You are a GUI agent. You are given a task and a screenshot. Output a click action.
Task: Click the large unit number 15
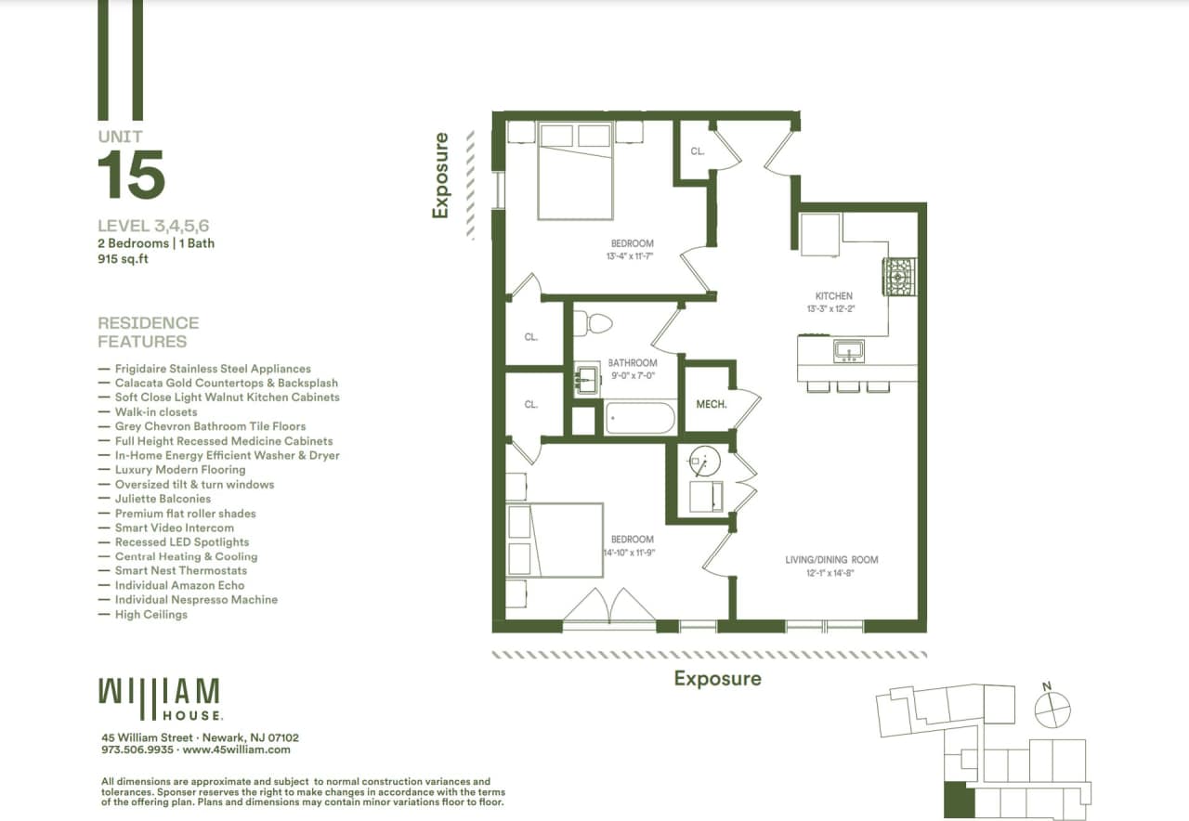131,175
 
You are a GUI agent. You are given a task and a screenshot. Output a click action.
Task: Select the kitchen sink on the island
848,350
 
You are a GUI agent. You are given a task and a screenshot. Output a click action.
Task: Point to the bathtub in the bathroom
641,418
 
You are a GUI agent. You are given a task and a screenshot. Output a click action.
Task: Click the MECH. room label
711,405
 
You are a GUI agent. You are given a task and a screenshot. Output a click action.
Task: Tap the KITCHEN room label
833,296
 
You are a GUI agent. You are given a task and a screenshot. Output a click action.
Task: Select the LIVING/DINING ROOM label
831,560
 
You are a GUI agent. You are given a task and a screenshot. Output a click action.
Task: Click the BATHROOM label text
633,363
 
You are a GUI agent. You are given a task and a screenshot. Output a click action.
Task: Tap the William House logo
160,699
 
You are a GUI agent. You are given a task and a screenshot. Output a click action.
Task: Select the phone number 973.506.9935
137,749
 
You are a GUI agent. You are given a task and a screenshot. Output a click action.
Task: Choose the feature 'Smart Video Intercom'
175,528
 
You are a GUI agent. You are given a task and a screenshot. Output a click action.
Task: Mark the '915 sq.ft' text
124,259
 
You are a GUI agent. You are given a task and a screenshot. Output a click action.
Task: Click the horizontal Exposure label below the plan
717,679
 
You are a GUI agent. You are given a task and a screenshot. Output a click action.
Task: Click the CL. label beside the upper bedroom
698,150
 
